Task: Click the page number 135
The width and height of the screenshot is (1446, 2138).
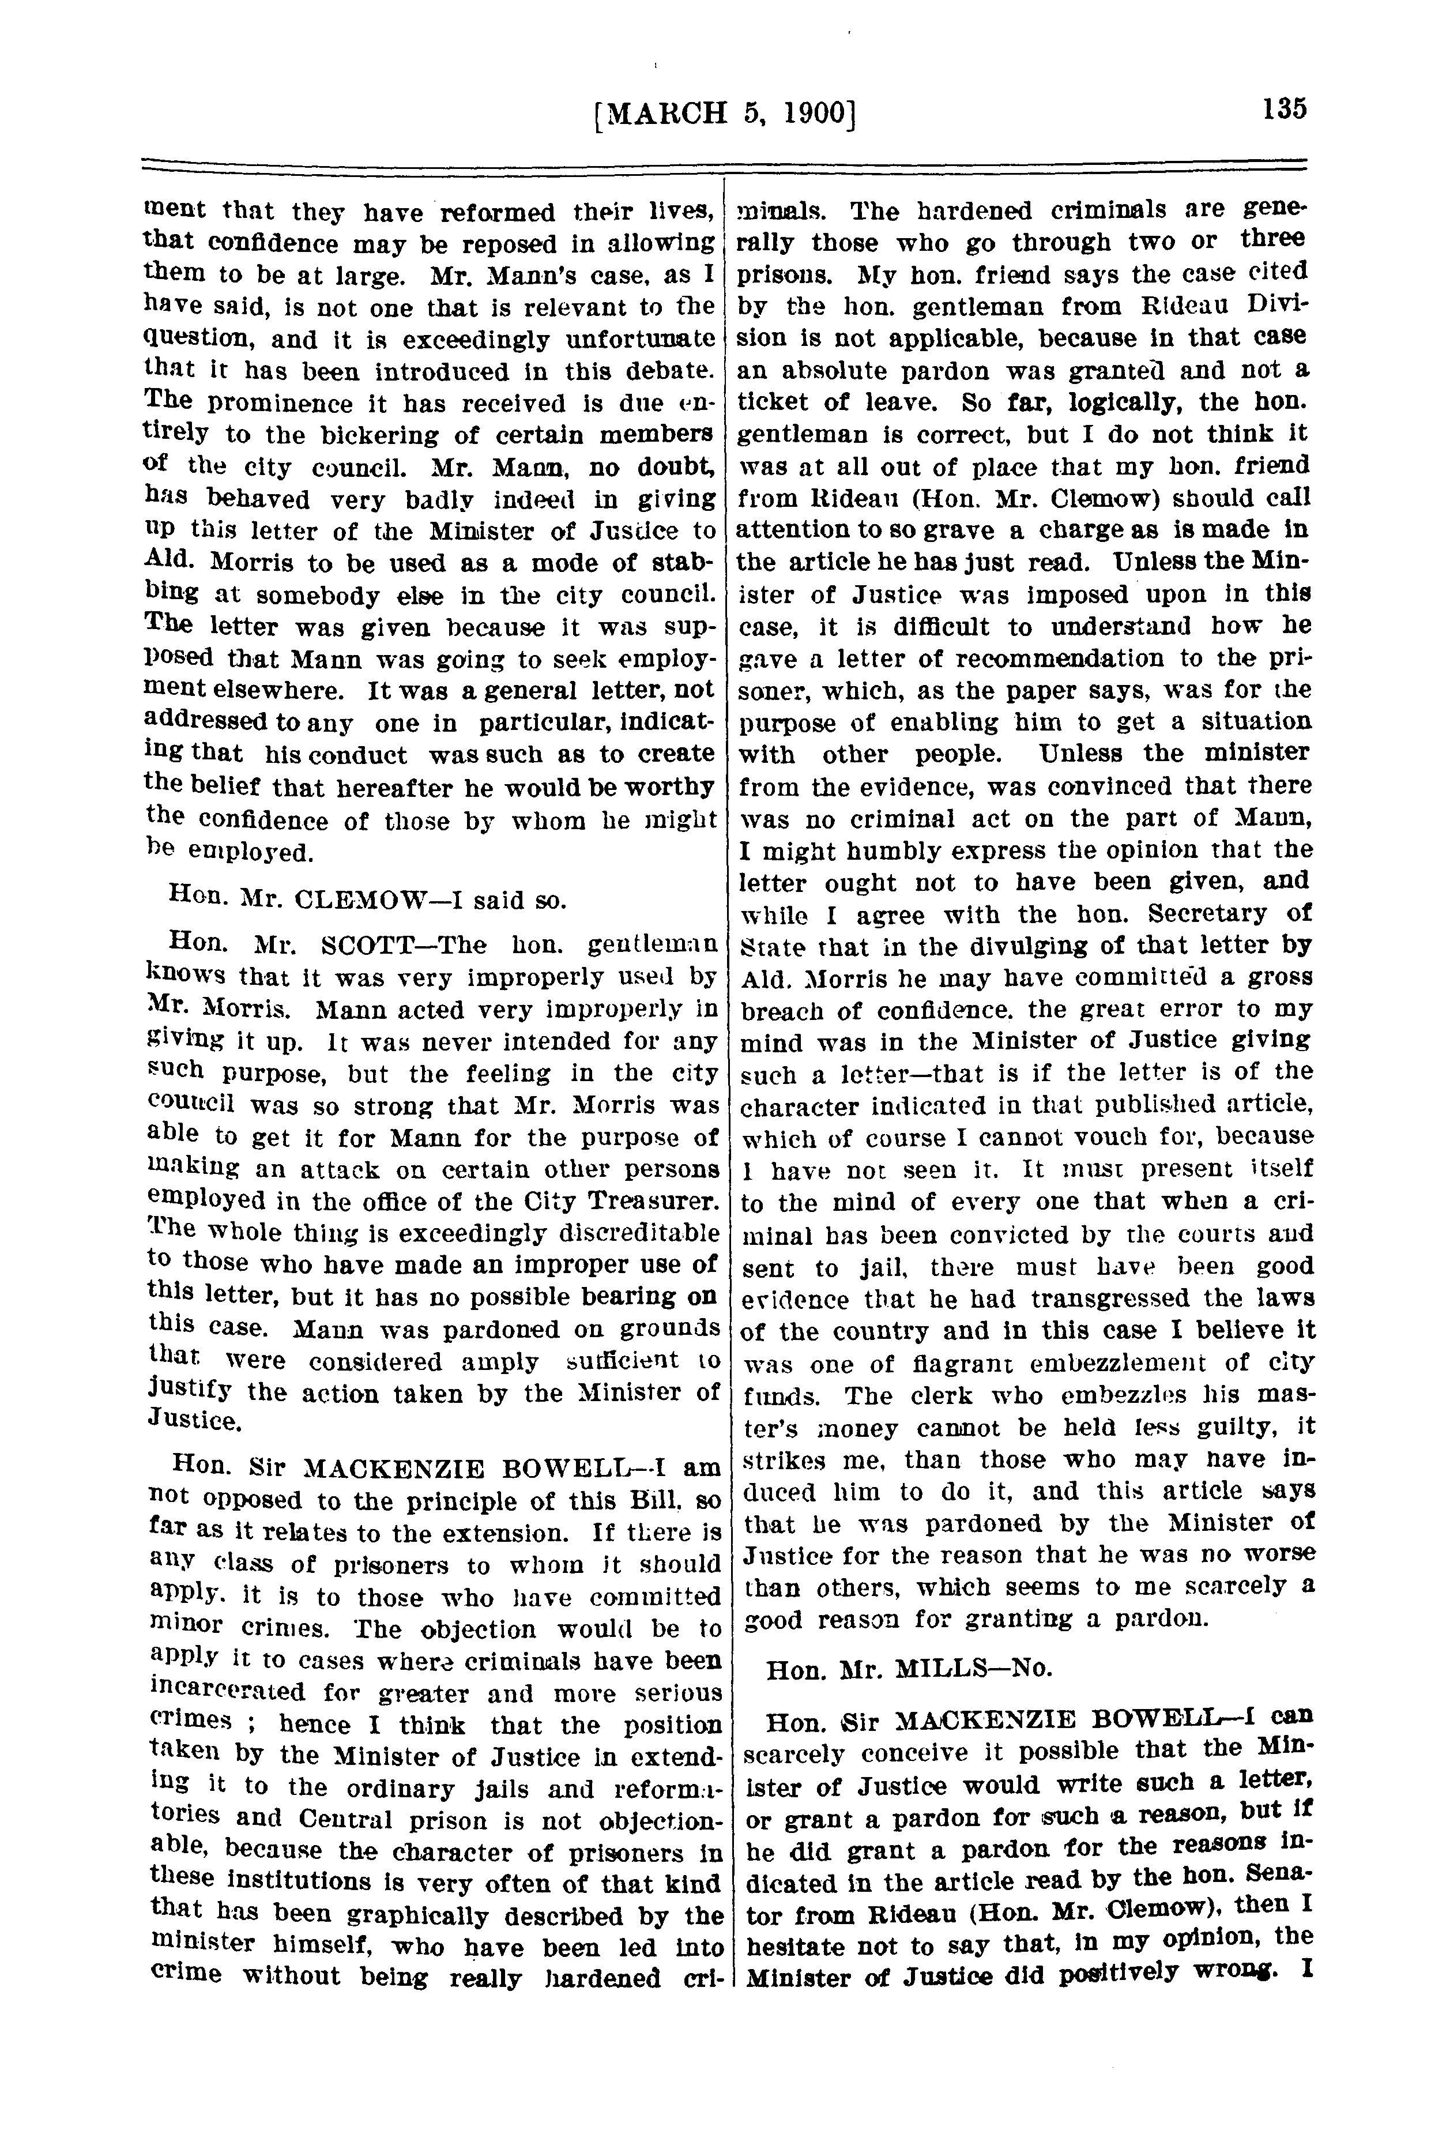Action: pos(1284,108)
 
